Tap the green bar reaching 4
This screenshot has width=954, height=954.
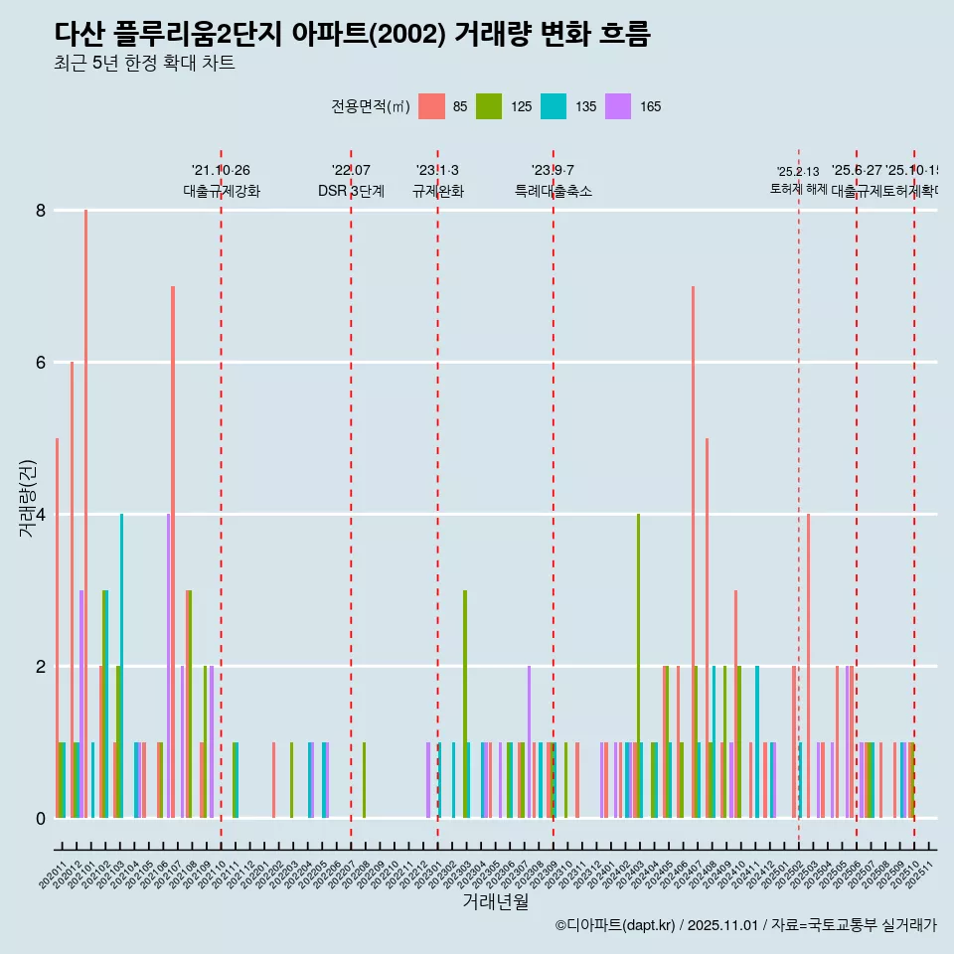638,666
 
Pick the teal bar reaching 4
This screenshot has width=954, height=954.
122,666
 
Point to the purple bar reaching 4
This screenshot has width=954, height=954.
169,666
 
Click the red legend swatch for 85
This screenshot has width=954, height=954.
431,106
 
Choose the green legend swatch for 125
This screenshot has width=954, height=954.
489,106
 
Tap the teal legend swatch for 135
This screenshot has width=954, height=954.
554,106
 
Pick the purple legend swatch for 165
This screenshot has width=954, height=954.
618,106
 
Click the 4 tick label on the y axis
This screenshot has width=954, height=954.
41,515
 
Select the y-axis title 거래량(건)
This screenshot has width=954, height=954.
27,499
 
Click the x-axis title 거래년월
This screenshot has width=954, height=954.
495,901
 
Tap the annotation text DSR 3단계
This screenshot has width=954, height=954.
351,191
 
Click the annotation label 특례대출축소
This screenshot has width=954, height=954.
554,191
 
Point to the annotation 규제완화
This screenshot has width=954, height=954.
437,191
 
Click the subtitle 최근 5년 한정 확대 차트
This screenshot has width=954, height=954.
145,64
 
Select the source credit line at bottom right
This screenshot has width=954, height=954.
745,925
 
